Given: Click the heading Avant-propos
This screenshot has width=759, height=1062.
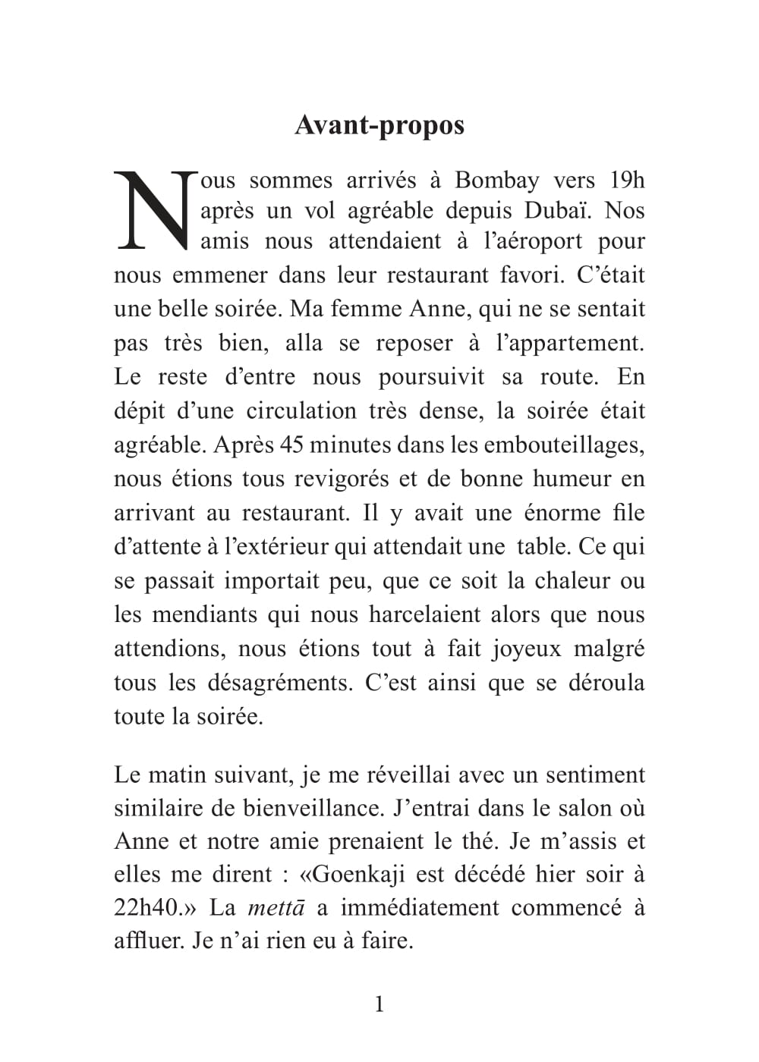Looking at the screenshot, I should [x=379, y=125].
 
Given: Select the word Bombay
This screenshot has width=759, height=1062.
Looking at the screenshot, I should [x=497, y=181].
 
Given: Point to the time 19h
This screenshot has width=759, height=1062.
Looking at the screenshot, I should [x=627, y=181].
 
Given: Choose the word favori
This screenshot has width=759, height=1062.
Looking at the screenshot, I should [x=531, y=275].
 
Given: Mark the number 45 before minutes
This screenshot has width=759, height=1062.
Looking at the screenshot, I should [x=291, y=445].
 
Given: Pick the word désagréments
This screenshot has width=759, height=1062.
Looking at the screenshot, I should [x=280, y=683].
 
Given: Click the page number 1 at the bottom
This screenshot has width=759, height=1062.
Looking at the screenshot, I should [x=379, y=1005].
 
